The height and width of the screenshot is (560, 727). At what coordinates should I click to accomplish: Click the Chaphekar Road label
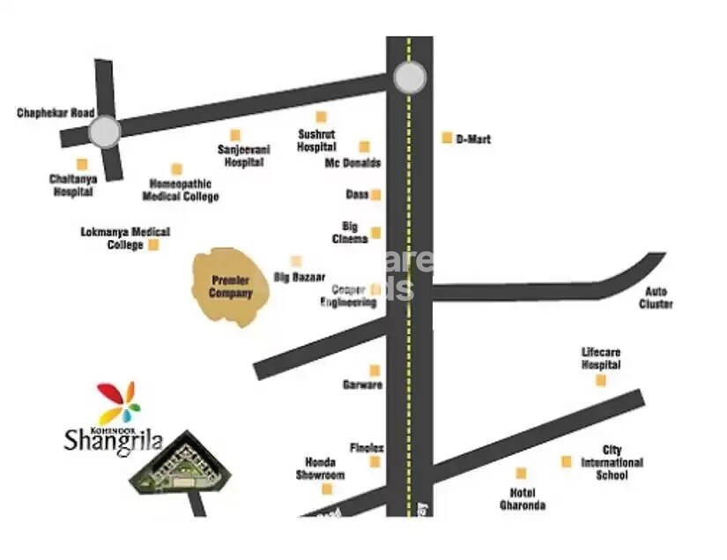[56, 114]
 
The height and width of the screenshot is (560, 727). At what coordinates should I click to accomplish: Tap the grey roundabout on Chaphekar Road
[104, 132]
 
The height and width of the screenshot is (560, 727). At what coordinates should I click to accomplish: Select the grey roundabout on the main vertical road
[409, 78]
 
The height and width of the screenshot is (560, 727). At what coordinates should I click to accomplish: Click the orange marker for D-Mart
[447, 138]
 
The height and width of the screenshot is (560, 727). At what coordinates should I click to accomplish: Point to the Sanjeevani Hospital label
[243, 155]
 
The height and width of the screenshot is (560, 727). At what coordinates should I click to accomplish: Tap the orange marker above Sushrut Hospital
[321, 117]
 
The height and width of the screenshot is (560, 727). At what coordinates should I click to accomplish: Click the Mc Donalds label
[352, 163]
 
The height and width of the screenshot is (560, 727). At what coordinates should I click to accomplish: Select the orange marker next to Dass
[375, 195]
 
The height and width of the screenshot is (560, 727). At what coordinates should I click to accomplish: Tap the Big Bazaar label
[300, 277]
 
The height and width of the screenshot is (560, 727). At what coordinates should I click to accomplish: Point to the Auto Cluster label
[657, 298]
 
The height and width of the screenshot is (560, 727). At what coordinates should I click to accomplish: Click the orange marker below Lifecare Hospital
[601, 380]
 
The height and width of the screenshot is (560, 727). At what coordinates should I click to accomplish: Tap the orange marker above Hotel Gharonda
[521, 474]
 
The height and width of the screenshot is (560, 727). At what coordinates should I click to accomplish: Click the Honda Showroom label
[320, 468]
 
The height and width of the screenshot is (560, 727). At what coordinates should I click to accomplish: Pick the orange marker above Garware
[375, 370]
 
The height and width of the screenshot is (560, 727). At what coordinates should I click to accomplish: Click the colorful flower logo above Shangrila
[118, 402]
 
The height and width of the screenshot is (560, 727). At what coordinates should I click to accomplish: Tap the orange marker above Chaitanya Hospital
[82, 164]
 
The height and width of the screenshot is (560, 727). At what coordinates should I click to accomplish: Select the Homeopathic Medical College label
[181, 190]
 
